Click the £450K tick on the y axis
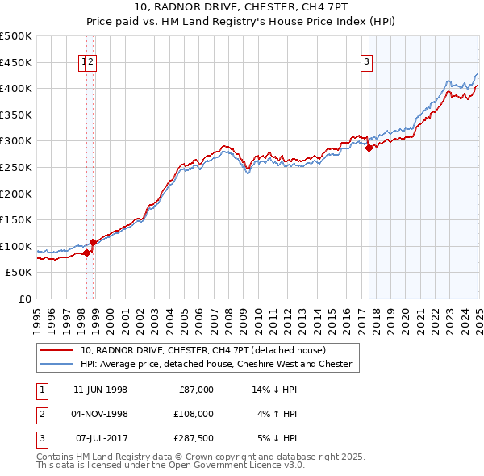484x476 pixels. tap(16, 62)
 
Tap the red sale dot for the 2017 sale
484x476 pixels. tap(369, 148)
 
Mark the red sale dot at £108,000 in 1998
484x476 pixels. tap(94, 241)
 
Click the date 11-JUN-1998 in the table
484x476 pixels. tap(100, 390)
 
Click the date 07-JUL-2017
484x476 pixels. tap(100, 438)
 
